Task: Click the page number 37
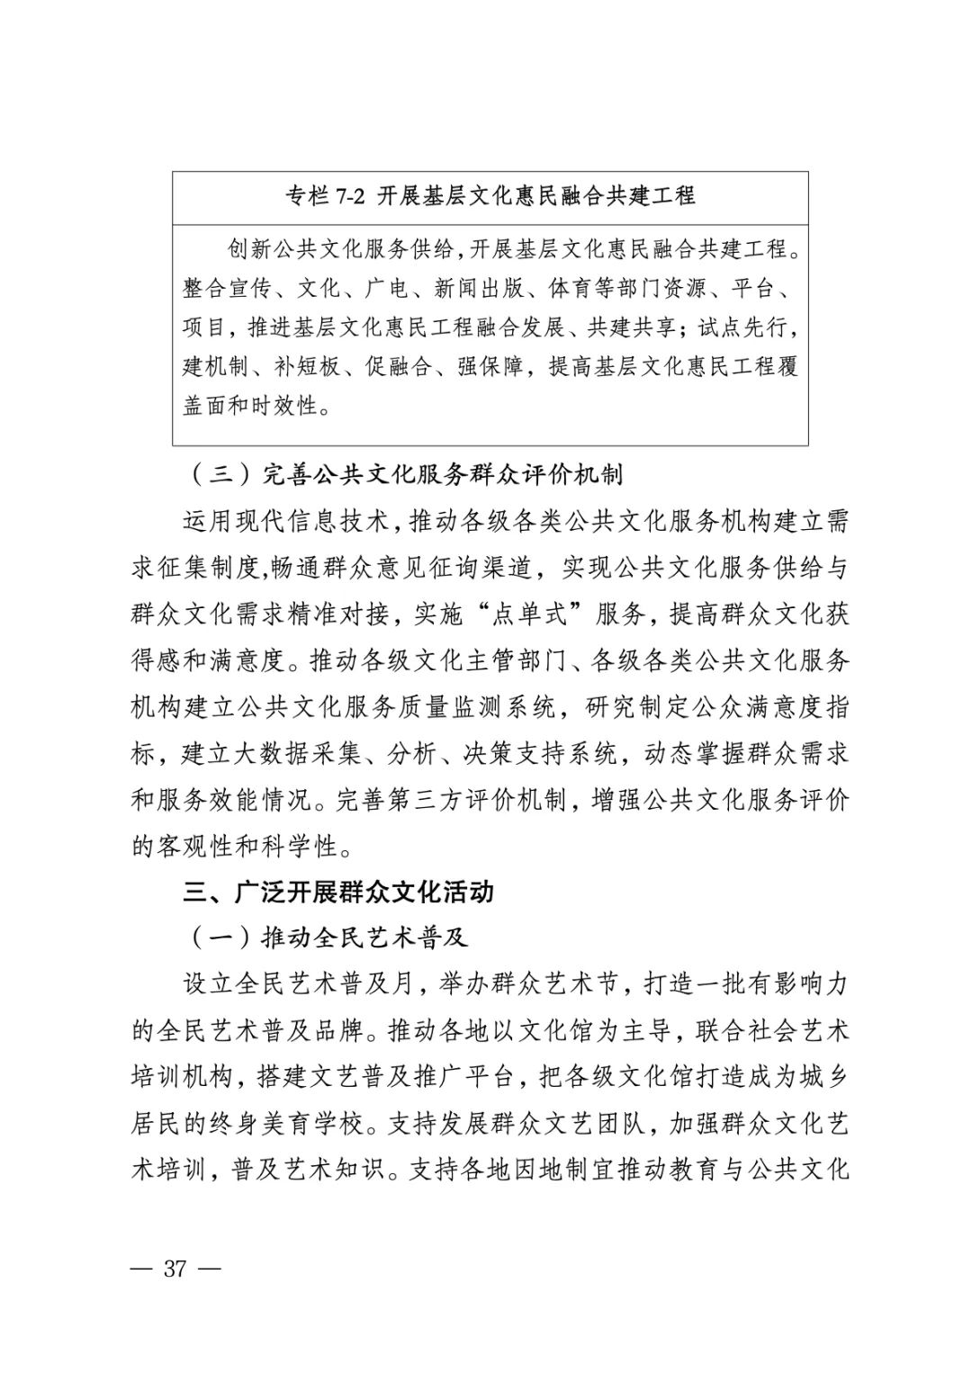click(175, 1269)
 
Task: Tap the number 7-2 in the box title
click(350, 196)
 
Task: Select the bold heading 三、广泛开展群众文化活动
click(338, 893)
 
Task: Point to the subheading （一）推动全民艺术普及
click(328, 938)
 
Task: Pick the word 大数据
click(283, 753)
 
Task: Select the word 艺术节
click(585, 984)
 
